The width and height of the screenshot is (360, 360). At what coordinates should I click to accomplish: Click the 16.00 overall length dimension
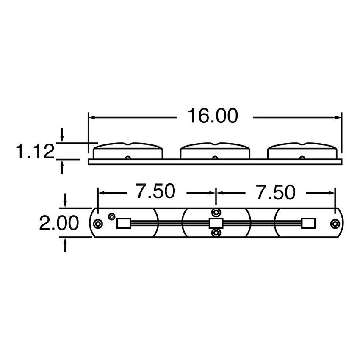click(213, 116)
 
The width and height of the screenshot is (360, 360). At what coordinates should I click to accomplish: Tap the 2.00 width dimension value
click(59, 223)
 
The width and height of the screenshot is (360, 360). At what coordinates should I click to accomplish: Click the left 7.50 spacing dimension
click(155, 192)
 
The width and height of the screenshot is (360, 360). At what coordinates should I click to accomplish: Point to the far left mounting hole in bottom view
click(98, 223)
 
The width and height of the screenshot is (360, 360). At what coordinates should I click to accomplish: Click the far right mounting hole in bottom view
click(335, 223)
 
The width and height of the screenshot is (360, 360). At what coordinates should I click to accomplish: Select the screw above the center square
click(216, 212)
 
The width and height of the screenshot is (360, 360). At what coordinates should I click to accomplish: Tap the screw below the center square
click(216, 233)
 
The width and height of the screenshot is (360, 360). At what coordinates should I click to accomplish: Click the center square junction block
click(216, 223)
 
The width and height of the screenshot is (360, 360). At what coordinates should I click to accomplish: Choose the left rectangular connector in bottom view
click(123, 223)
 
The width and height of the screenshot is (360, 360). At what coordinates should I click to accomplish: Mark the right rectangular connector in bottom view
click(308, 223)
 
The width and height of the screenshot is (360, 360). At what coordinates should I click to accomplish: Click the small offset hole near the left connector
click(111, 216)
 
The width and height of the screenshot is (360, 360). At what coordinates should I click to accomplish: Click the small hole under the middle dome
click(215, 158)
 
